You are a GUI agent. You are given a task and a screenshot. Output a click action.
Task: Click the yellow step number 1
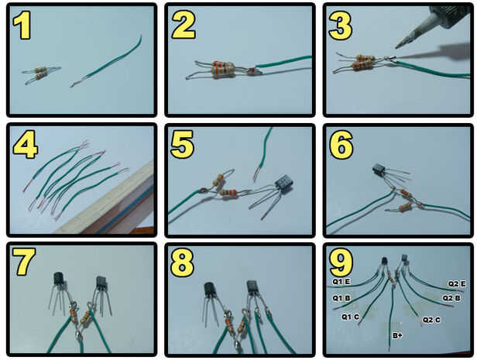(x=22, y=25)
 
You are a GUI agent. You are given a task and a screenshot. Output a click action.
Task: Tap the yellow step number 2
(x=183, y=25)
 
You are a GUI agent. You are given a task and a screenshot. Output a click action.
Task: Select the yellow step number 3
(x=340, y=26)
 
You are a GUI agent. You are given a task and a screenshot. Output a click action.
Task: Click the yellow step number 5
(x=183, y=144)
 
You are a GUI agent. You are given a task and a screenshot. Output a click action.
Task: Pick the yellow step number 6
(x=341, y=145)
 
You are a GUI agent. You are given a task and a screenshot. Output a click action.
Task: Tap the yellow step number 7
(x=24, y=262)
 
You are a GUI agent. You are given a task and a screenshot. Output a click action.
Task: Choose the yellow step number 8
(x=182, y=262)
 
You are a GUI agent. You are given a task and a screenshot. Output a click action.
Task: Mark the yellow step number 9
(x=341, y=262)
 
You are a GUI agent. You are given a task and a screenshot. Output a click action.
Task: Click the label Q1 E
(x=341, y=282)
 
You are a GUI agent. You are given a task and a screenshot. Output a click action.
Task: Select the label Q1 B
(x=341, y=298)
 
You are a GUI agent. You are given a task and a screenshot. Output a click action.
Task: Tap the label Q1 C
(x=350, y=317)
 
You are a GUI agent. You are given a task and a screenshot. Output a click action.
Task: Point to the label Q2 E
(x=457, y=284)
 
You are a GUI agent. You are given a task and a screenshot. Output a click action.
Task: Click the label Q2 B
(x=451, y=298)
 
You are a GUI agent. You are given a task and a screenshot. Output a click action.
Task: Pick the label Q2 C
(x=431, y=321)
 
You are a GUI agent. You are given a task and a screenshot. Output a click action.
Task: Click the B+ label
(x=397, y=336)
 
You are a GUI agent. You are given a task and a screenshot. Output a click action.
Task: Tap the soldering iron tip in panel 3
(x=396, y=46)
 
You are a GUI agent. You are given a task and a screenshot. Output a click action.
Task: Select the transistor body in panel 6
(x=379, y=170)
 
